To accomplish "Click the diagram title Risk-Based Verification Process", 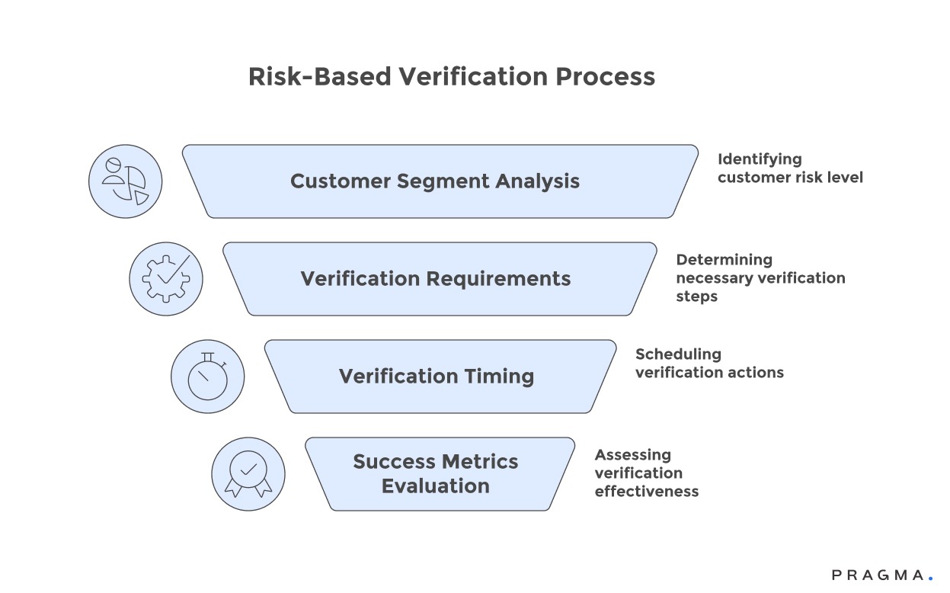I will [x=452, y=77].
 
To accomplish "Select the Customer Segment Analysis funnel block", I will [x=440, y=181].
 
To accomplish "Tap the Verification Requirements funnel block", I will [x=440, y=279].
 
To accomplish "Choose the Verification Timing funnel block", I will [x=440, y=377].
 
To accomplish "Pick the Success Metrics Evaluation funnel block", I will [x=440, y=474].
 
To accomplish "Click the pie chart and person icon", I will [x=125, y=181].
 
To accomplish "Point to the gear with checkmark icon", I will [x=166, y=279].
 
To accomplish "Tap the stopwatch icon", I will [x=207, y=377].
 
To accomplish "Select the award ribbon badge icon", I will [x=248, y=474].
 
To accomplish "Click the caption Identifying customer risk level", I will [x=790, y=168].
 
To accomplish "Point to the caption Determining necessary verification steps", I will [x=760, y=278].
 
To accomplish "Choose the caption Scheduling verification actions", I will [x=709, y=364].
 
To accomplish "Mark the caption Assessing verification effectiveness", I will [x=646, y=473].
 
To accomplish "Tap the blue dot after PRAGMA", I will [x=930, y=579].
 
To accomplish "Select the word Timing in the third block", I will [x=496, y=377].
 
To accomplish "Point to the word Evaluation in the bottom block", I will [x=436, y=486].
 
